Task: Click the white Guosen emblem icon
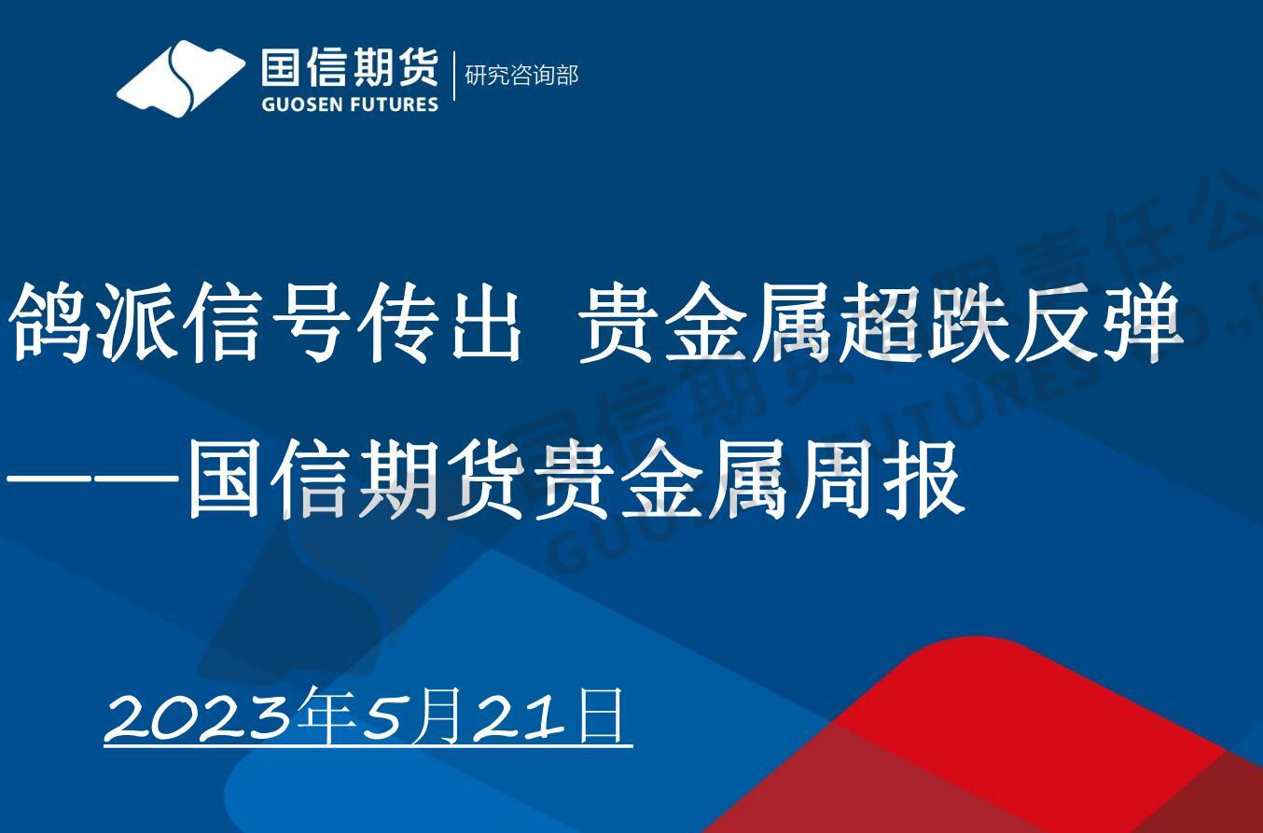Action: (180, 78)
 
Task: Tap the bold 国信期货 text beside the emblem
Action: (350, 68)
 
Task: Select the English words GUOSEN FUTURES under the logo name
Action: (350, 104)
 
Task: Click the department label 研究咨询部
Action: (521, 75)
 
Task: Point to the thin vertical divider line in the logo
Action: (454, 76)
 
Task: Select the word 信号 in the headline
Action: (223, 323)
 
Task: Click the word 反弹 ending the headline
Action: (1097, 323)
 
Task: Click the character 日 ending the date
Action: (601, 714)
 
